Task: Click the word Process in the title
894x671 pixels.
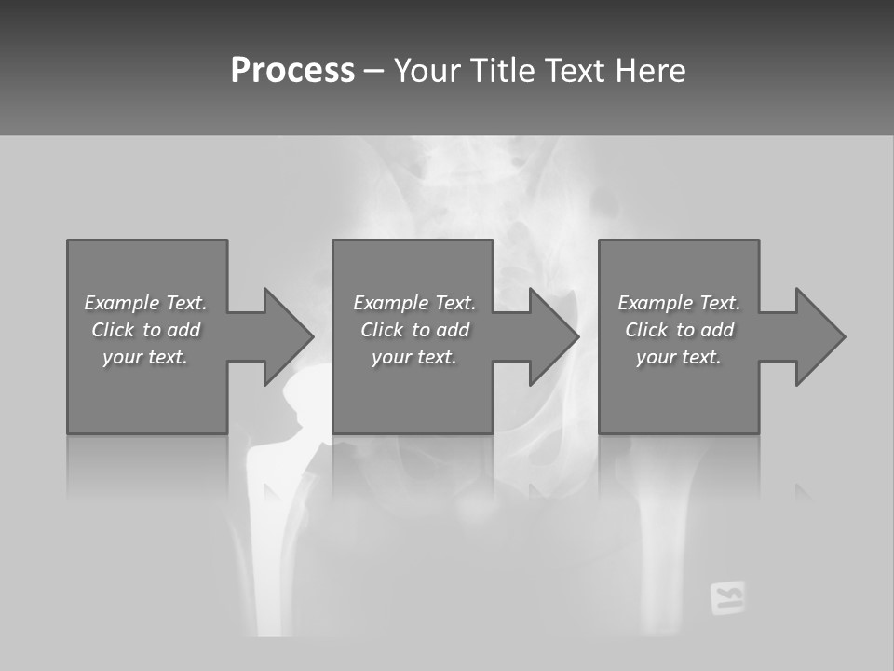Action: (x=292, y=71)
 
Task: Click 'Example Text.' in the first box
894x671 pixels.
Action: (x=145, y=303)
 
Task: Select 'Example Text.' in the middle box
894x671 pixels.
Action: (x=414, y=303)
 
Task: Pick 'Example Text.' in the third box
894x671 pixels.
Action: (x=679, y=303)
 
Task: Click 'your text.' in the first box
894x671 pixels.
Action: (x=145, y=357)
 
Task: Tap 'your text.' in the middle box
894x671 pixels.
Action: (x=414, y=357)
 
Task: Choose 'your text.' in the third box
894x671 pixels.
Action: (x=679, y=357)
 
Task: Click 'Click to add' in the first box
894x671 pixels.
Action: (x=145, y=330)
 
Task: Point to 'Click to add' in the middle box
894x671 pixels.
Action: (x=414, y=330)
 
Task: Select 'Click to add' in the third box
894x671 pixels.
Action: (x=679, y=330)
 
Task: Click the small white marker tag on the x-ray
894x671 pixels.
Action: (x=727, y=597)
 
